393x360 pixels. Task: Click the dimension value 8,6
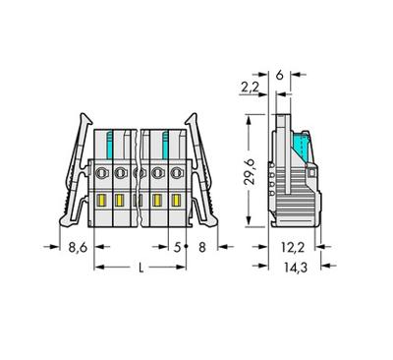78,247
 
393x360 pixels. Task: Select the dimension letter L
140,268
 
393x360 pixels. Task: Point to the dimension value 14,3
296,268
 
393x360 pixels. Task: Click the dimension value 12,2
293,247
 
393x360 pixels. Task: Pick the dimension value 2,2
250,88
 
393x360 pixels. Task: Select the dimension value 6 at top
279,75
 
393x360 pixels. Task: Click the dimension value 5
177,247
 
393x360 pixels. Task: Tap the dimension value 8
202,247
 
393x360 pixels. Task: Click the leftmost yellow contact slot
101,200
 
